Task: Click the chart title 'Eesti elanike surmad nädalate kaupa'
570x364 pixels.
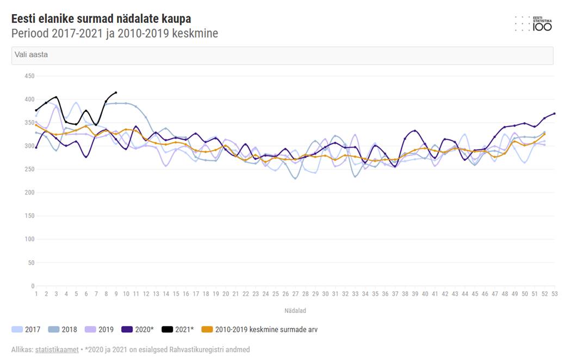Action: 101,20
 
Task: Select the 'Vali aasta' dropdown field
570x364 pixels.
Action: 282,55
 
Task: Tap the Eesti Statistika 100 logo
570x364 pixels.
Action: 534,23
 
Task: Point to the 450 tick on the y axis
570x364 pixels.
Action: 29,76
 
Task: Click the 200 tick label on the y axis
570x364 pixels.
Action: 29,193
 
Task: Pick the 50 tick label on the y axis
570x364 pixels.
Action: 31,262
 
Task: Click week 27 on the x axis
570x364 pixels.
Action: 295,294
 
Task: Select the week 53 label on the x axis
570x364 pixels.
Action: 554,294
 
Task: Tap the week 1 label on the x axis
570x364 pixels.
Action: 36,294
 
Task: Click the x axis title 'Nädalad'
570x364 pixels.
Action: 295,311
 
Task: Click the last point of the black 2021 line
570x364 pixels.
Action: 116,92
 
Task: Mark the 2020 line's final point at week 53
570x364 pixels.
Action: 554,114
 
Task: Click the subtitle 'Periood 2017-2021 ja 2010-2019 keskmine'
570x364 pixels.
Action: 115,34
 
